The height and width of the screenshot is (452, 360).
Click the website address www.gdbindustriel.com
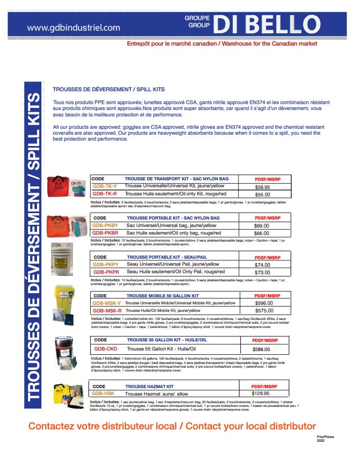(x=74, y=27)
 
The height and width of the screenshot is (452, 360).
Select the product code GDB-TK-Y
(x=104, y=186)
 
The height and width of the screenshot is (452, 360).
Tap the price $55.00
(x=262, y=194)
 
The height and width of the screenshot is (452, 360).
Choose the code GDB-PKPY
(x=105, y=265)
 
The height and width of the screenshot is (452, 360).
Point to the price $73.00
(x=262, y=273)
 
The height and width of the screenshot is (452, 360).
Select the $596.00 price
(x=263, y=303)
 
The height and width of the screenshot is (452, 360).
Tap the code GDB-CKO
(x=104, y=349)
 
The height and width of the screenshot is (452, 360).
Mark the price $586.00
(x=261, y=349)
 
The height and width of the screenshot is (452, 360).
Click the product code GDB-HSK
(x=103, y=393)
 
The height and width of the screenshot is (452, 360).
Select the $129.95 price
(x=263, y=393)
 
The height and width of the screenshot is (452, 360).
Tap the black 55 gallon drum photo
(x=63, y=351)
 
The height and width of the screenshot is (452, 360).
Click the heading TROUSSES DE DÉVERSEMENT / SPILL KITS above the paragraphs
(x=109, y=89)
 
